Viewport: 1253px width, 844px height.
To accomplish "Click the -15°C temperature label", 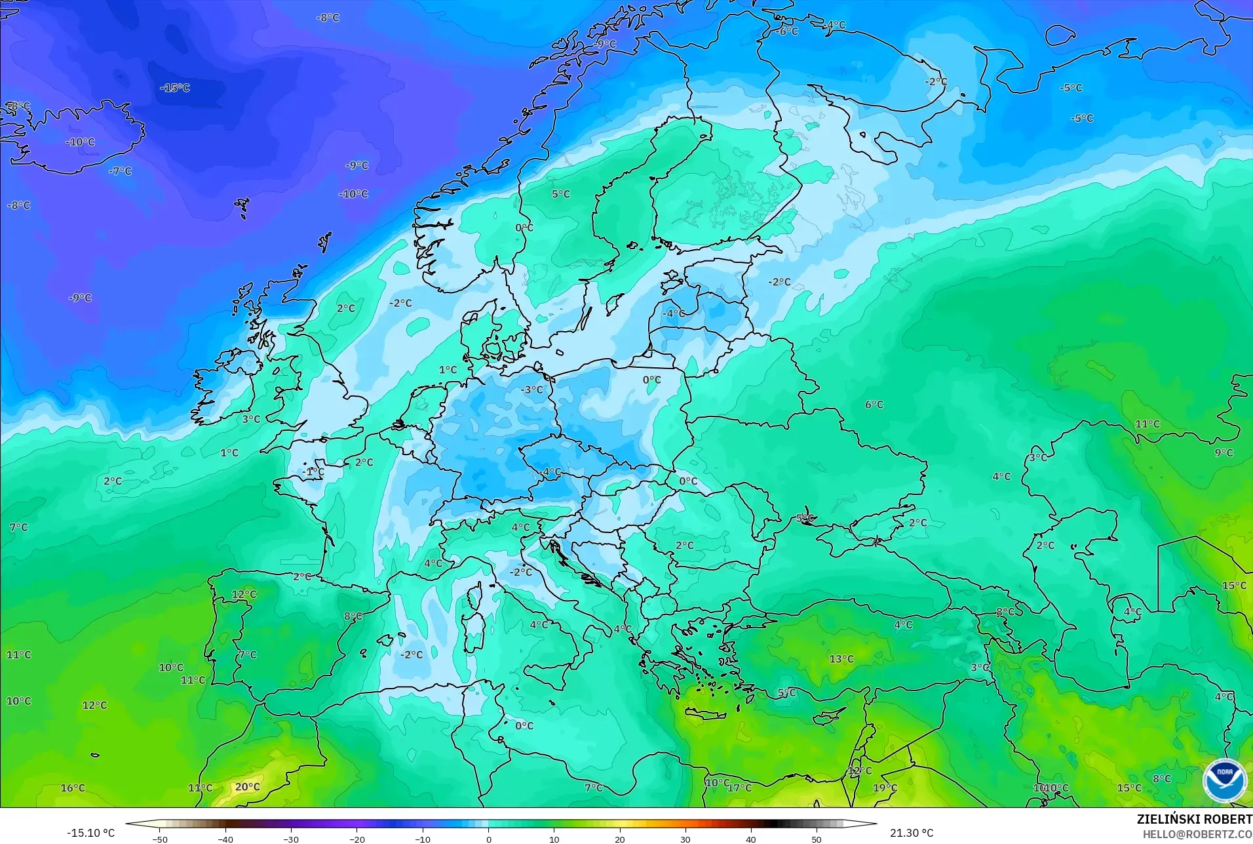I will (x=175, y=88).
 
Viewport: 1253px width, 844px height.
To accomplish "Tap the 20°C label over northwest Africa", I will (x=247, y=787).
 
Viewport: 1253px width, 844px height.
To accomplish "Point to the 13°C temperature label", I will (x=841, y=659).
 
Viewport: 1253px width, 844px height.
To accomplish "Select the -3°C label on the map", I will (x=531, y=390).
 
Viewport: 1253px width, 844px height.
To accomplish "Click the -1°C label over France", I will (x=313, y=472).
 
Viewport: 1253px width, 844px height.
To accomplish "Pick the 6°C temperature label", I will (x=874, y=405).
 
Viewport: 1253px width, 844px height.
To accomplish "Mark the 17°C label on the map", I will (x=739, y=788).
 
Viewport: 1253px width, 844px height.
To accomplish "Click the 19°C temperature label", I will (x=885, y=788).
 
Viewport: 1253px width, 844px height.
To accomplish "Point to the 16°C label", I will (x=73, y=788).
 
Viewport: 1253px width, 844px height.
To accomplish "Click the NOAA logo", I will (x=1224, y=780).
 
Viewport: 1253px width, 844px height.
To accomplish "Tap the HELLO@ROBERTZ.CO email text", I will (x=1198, y=834).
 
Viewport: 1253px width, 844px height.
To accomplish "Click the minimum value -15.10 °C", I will (x=90, y=833).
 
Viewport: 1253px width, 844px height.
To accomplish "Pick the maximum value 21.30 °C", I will (x=911, y=833).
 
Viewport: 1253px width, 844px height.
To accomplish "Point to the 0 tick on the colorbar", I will (x=488, y=839).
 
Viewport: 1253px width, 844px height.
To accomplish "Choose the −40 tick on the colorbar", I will (x=225, y=839).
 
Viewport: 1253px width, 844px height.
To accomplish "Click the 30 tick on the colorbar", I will (x=685, y=839).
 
